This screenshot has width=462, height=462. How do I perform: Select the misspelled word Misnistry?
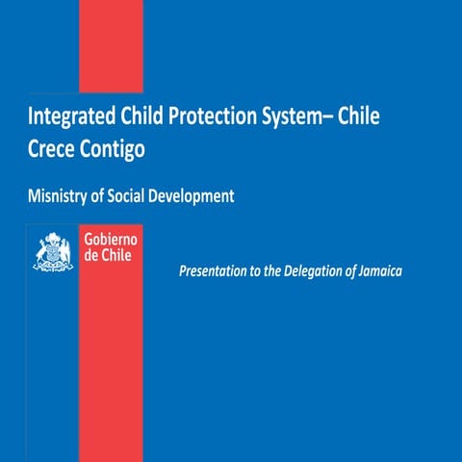click(61, 195)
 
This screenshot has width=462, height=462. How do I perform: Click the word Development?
click(198, 195)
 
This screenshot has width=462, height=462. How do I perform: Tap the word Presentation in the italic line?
click(215, 272)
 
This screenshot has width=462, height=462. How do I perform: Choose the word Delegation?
click(309, 272)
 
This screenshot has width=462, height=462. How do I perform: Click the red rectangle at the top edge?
click(110, 43)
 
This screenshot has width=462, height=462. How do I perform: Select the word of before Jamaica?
click(348, 272)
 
